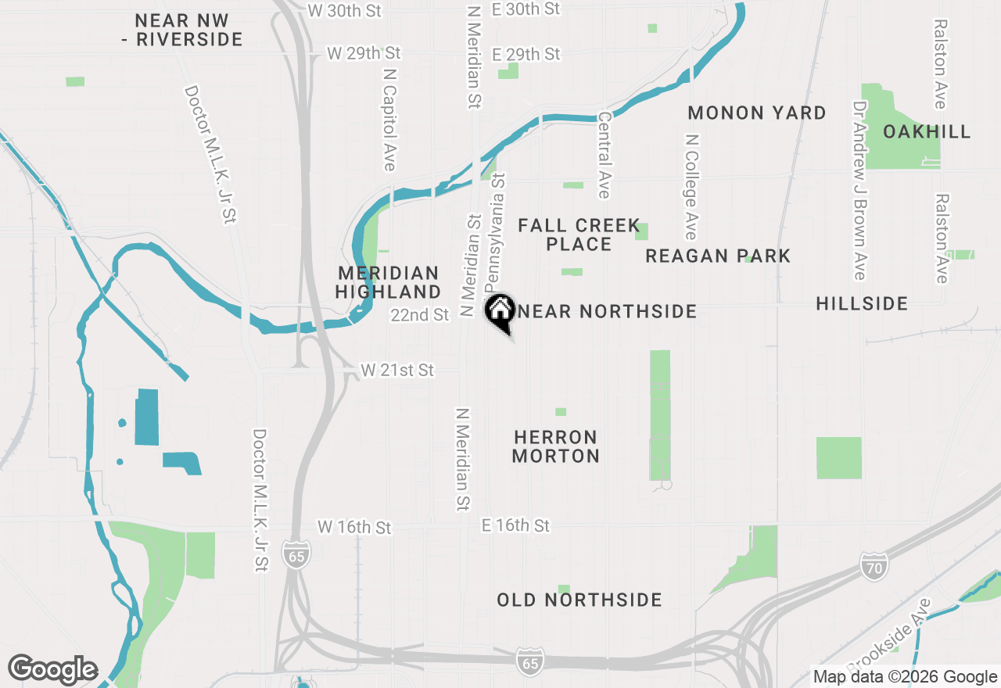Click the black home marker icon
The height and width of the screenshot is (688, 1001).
pos(500,310)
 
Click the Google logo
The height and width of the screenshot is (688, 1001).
pos(53,669)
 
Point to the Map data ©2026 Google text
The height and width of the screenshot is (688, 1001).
pos(905,677)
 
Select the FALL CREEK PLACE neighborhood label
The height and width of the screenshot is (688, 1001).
pos(579,235)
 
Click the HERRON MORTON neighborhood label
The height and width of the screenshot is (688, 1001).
pos(556,446)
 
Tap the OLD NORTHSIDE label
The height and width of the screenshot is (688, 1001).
pos(579,600)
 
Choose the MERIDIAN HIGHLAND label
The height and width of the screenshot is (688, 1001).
pos(389,283)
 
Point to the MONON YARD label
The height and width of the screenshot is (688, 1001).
pos(756,113)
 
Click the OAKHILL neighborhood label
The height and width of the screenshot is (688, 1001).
pos(927,131)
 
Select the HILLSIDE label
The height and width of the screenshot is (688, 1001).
pos(862,303)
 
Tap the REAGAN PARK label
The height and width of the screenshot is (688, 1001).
pos(718,256)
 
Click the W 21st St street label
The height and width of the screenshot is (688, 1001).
pos(397,370)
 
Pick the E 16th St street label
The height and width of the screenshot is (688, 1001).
pos(515,525)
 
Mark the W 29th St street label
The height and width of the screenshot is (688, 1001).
pos(364,53)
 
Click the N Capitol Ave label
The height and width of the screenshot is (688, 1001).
pos(389,118)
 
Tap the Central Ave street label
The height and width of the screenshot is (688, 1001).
pos(604,155)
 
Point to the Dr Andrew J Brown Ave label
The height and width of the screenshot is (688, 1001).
pos(860,190)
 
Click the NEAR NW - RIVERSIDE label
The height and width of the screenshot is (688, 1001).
pos(188,30)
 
